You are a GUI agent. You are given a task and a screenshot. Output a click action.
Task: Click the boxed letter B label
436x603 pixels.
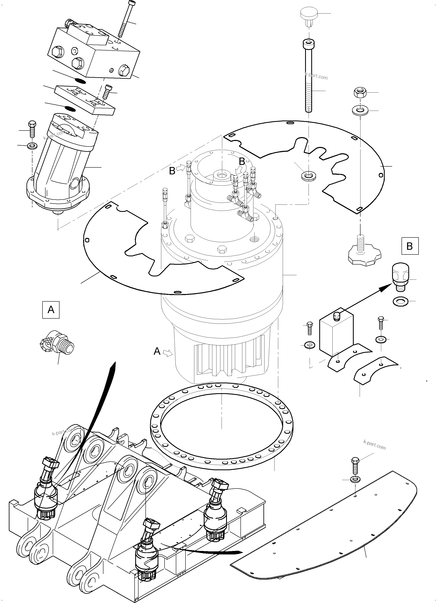pos(410,246)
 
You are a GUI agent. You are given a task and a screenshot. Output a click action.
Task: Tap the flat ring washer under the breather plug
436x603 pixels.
pos(400,302)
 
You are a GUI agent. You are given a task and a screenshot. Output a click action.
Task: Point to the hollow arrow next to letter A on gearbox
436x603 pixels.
pos(167,353)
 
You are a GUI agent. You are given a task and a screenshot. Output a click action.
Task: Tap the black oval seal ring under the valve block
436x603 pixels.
pos(80,80)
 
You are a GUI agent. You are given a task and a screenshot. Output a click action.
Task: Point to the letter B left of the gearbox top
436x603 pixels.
pos(172,171)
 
